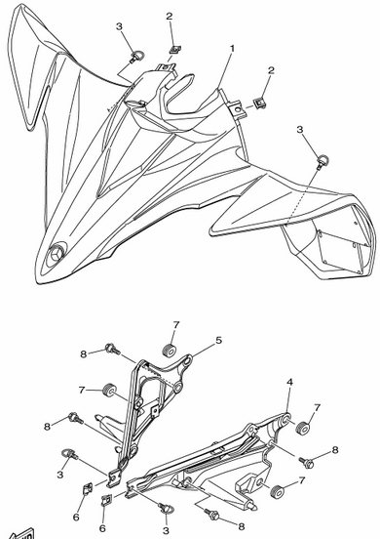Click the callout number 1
tap(232, 49)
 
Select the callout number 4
tap(290, 382)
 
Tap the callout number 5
tap(218, 341)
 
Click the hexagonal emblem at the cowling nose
tap(56, 254)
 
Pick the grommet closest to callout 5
tap(170, 350)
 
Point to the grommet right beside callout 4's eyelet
tap(302, 428)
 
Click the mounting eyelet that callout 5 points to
tap(188, 361)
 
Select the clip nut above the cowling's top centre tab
tap(175, 49)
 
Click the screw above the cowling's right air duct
tap(323, 161)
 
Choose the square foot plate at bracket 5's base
tap(113, 477)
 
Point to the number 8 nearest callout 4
tap(335, 450)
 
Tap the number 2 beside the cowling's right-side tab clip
tap(271, 70)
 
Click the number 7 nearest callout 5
tap(176, 325)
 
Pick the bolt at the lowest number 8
tap(211, 515)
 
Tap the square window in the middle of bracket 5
tap(155, 410)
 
